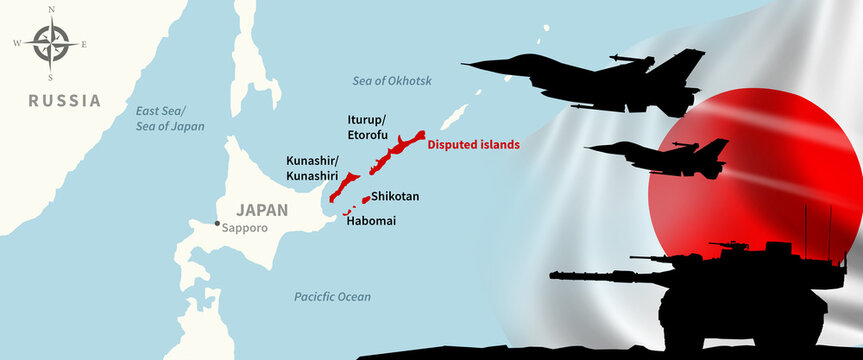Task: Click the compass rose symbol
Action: [48, 43]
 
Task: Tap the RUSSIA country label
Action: [64, 100]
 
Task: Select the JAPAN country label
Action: [262, 210]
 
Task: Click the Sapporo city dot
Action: [216, 223]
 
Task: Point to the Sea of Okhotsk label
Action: [391, 80]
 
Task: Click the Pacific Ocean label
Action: [332, 297]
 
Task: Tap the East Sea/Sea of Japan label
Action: [170, 119]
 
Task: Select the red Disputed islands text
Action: [473, 144]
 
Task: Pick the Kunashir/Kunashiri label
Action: [311, 169]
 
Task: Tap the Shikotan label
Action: [395, 197]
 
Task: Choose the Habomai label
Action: [370, 220]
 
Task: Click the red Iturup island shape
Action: [394, 149]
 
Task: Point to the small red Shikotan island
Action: [365, 199]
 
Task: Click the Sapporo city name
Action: [244, 227]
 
